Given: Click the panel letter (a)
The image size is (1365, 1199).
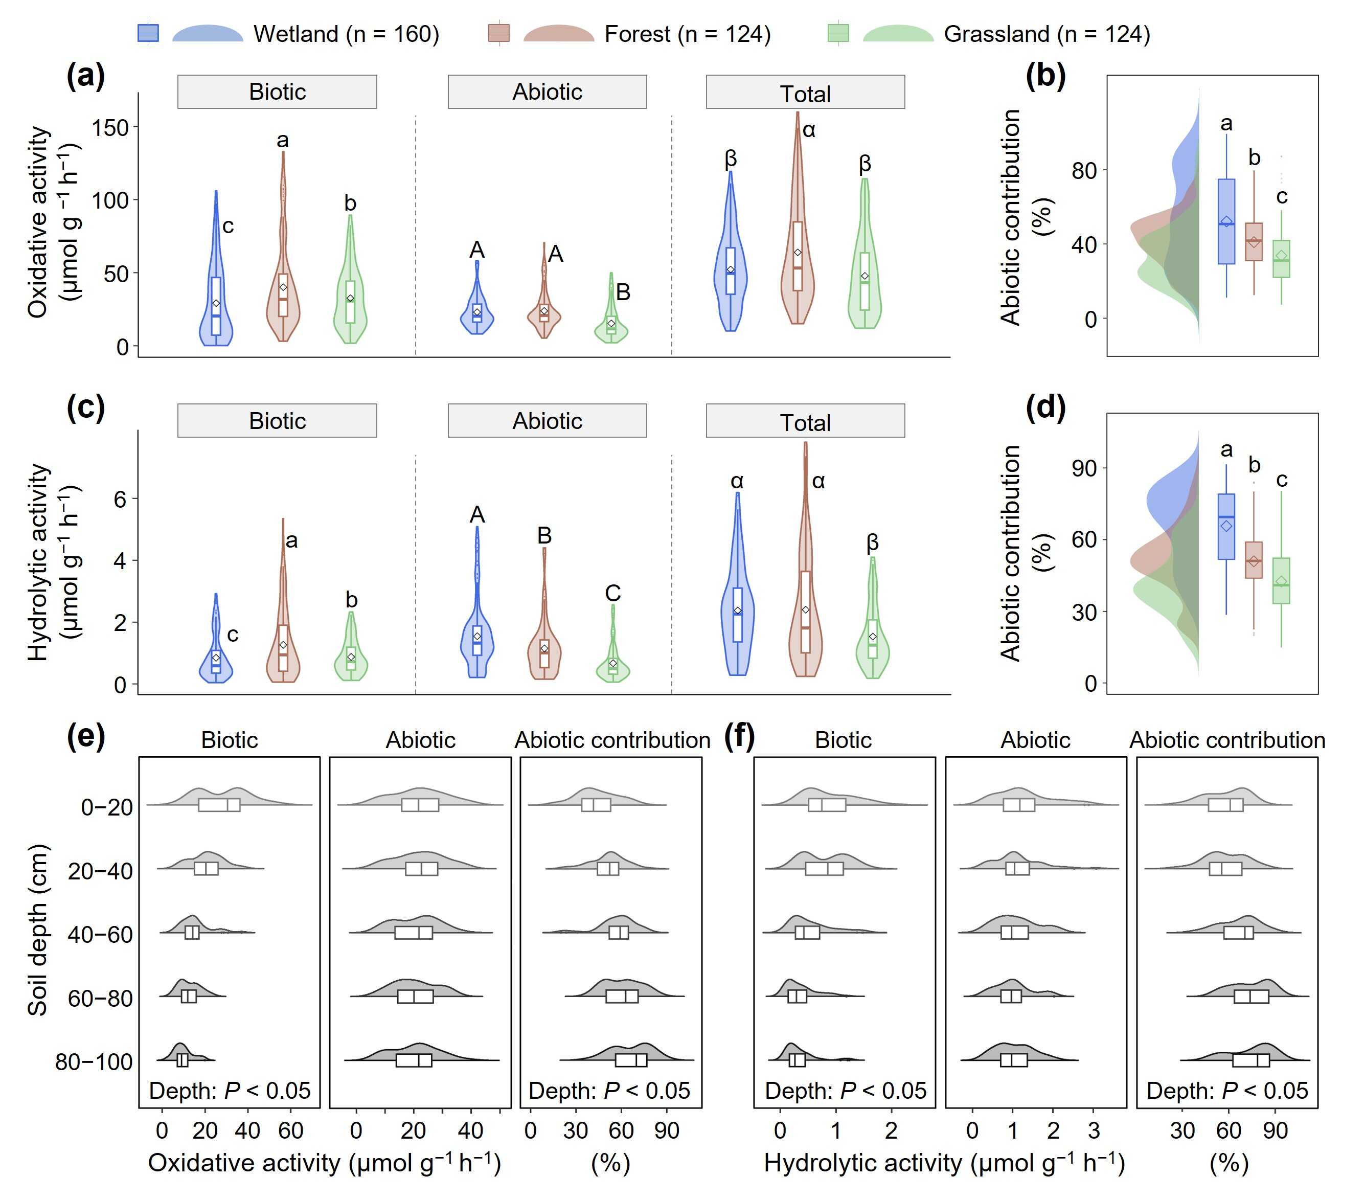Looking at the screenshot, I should coord(85,76).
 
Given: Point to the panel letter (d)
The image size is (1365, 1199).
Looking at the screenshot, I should coord(1045,407).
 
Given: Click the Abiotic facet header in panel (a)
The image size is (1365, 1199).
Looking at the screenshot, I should coord(547,92).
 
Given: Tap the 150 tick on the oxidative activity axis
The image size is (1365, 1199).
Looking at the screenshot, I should coord(110,127).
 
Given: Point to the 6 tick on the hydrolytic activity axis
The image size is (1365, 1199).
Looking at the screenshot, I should coord(120,499).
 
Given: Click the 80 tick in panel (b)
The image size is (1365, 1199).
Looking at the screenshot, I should coord(1084,170).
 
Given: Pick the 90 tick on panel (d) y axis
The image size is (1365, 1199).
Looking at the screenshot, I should coord(1084,468).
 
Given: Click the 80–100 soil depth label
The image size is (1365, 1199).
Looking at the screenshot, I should coord(94,1061).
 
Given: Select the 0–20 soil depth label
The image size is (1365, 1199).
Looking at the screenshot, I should coord(107,807).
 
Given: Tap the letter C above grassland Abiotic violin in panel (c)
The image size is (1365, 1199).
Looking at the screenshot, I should coord(612,593).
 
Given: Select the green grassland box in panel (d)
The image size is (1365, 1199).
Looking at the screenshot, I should coord(1281,580).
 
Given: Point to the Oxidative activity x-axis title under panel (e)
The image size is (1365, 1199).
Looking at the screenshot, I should coord(325,1163).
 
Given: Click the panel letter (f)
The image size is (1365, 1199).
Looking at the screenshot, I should coord(739,736).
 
